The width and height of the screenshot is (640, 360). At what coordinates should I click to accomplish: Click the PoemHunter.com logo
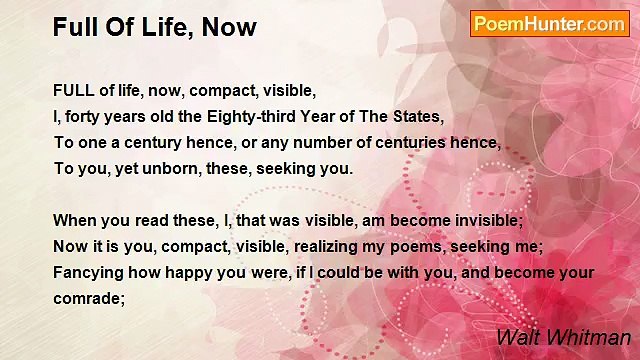point(549,24)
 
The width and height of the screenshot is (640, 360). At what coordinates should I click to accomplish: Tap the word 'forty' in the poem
point(85,115)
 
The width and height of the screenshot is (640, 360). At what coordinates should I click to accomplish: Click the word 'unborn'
point(155,168)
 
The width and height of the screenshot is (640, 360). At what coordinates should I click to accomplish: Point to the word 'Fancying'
point(88,272)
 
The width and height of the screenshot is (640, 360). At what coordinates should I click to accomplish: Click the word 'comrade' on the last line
point(86,298)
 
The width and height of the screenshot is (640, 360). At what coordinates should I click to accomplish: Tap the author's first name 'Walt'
point(517,337)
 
